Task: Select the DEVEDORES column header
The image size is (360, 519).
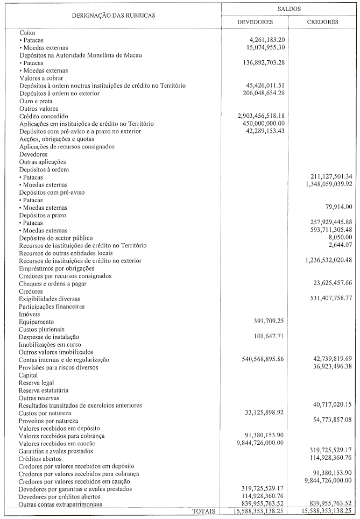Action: point(255,22)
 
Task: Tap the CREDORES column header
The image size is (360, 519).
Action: point(322,22)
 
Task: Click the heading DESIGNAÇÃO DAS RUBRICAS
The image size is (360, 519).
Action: point(114,16)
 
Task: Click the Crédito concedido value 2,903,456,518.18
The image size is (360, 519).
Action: point(260,116)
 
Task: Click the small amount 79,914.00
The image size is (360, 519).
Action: point(337,207)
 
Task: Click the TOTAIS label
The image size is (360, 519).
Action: point(204,511)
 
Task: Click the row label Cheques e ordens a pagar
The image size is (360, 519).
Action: point(53,283)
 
